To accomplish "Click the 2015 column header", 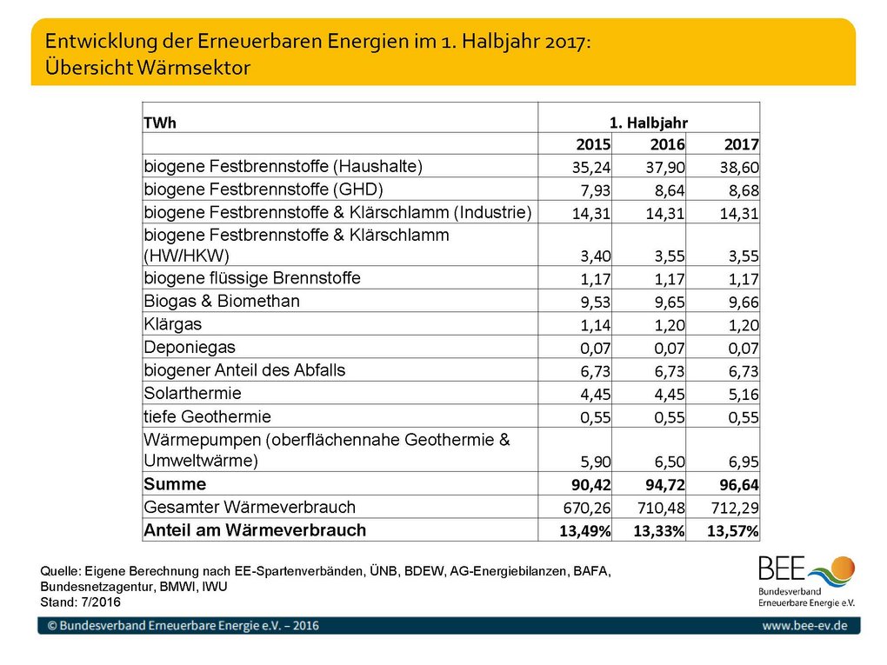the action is [593, 145].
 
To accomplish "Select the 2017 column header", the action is [741, 145].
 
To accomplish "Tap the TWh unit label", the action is [160, 123].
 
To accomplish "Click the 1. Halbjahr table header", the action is [648, 123].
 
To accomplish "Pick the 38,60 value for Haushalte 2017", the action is [739, 168].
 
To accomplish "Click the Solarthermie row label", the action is [192, 393].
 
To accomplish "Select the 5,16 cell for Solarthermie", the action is [744, 394].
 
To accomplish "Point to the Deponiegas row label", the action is [190, 347].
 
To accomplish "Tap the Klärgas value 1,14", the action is [596, 325].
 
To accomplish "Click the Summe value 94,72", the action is [665, 485].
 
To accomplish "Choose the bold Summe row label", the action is [175, 484].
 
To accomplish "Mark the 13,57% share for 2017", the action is [732, 531].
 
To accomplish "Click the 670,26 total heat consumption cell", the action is [587, 509].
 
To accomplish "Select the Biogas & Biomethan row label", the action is [222, 301].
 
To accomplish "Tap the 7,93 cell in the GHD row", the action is [596, 191].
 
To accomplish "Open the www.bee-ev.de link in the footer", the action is [804, 625].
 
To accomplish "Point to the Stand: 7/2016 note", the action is [80, 602].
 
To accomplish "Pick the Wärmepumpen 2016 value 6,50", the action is [670, 462].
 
